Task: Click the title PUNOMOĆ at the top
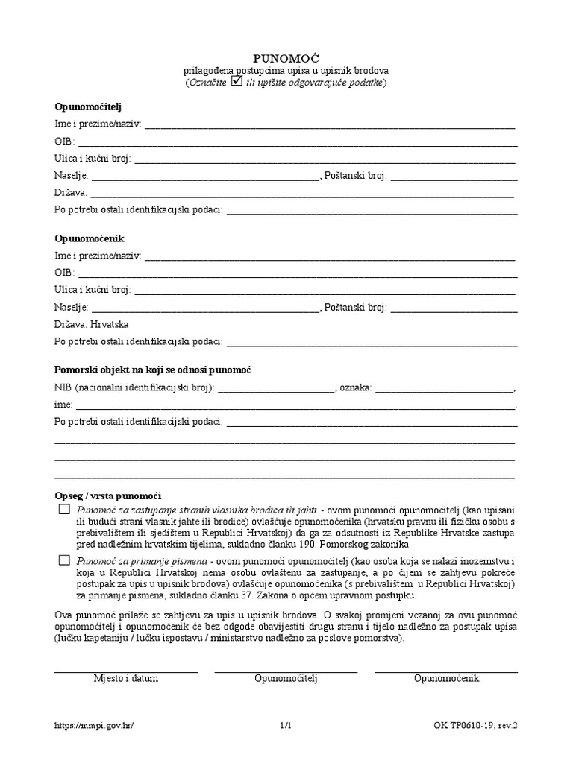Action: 286,57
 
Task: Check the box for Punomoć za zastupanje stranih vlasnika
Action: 63,509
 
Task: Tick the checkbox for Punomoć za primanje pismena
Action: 63,559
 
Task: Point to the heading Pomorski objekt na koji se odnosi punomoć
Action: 153,370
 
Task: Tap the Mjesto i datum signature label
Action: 125,679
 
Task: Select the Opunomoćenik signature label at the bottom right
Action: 446,679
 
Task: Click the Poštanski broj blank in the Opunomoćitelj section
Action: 454,177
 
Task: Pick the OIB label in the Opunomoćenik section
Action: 64,273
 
